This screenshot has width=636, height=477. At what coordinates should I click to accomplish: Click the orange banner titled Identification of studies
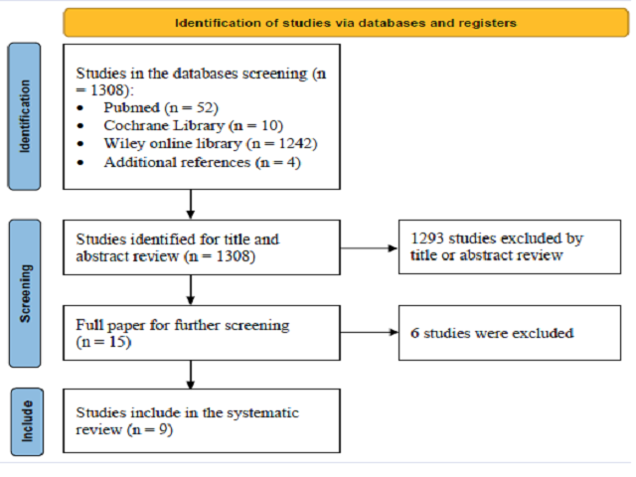346,23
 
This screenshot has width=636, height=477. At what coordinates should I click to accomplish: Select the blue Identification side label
24,116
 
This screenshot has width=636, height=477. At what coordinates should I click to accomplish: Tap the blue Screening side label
25,293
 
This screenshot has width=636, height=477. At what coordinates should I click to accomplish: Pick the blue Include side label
27,421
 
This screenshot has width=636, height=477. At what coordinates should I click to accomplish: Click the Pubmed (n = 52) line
161,108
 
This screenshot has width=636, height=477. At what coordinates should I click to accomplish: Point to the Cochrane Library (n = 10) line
193,126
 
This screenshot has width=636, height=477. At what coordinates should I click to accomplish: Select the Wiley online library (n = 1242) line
211,144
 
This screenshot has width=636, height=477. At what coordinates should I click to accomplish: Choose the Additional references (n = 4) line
202,163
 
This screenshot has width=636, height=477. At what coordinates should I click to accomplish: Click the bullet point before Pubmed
80,108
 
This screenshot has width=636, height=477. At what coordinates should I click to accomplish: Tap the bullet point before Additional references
80,163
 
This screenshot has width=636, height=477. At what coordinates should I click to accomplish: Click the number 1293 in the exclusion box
427,238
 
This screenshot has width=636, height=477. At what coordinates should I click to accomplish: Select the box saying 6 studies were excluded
510,333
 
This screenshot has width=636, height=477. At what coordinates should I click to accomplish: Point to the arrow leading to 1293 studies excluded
369,248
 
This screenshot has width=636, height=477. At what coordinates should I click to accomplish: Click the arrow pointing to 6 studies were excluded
369,333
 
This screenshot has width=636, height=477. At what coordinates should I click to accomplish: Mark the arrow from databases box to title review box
191,205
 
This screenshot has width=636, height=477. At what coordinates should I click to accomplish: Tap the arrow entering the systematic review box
191,375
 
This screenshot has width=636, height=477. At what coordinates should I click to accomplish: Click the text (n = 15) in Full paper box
103,342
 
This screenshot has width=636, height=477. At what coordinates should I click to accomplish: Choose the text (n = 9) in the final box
150,429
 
